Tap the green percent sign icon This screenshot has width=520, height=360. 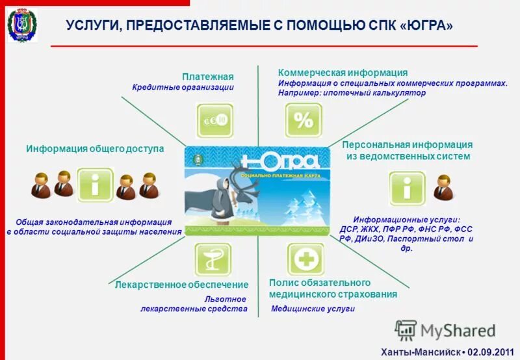tap(304, 120)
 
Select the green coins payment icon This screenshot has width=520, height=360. tap(215, 120)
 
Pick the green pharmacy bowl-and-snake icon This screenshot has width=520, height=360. tap(213, 260)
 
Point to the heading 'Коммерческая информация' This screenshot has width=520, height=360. tap(343, 72)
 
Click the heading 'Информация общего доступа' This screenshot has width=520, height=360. tap(95, 149)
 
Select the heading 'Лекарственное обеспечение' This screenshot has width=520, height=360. tap(181, 285)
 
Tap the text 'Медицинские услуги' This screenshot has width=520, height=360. tap(313, 309)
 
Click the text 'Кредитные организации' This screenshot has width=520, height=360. tap(183, 87)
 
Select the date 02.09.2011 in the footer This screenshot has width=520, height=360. tap(487, 352)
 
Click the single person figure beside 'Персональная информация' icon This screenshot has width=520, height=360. tap(444, 186)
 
